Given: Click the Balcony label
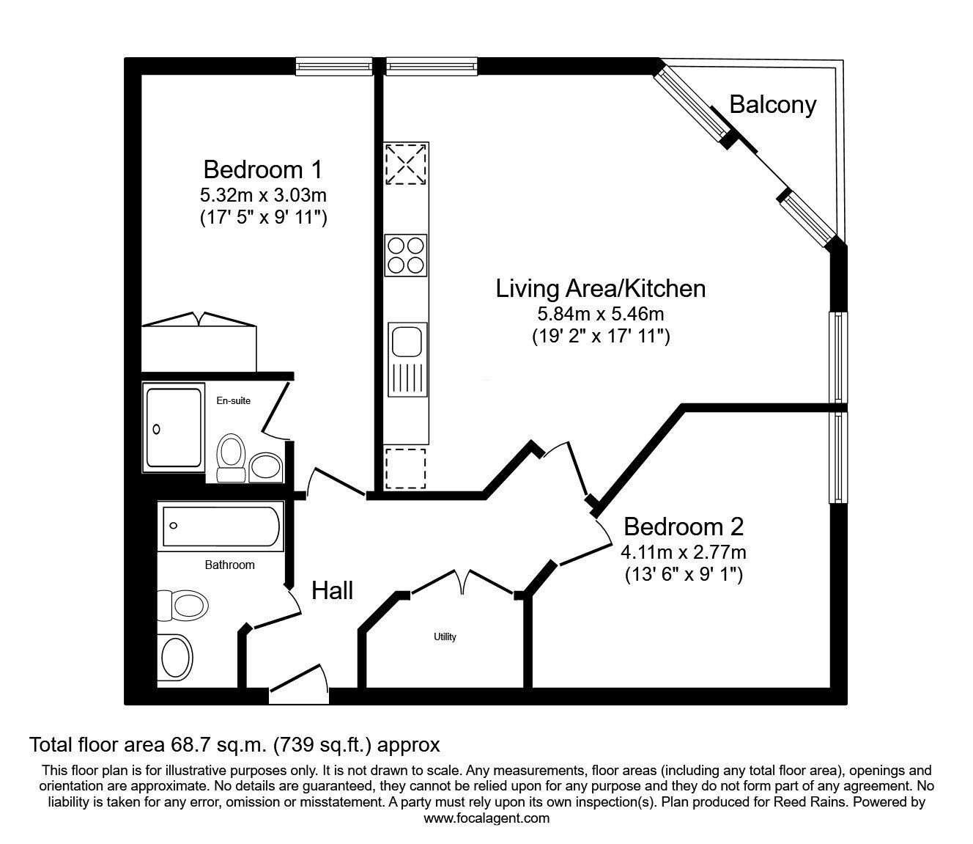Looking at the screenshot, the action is click(772, 105).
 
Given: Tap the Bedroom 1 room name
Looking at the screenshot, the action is click(263, 169).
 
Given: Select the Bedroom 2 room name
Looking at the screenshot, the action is click(684, 526).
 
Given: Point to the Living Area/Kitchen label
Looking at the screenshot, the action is click(601, 288).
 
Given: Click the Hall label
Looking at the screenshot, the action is click(333, 590).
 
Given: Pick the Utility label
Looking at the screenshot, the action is click(445, 636).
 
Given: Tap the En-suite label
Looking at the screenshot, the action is click(233, 400).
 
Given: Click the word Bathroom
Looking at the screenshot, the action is click(230, 565).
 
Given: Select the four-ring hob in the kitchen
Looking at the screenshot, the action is click(406, 255).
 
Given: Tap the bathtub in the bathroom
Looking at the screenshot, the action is click(221, 526).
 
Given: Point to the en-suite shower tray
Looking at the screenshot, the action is click(173, 427).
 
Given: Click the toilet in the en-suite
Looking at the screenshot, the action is click(231, 458).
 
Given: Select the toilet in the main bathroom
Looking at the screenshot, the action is click(184, 606).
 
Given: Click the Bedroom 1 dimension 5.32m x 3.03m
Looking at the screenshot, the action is click(263, 194).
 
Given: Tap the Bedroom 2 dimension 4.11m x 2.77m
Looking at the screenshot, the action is click(684, 552).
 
